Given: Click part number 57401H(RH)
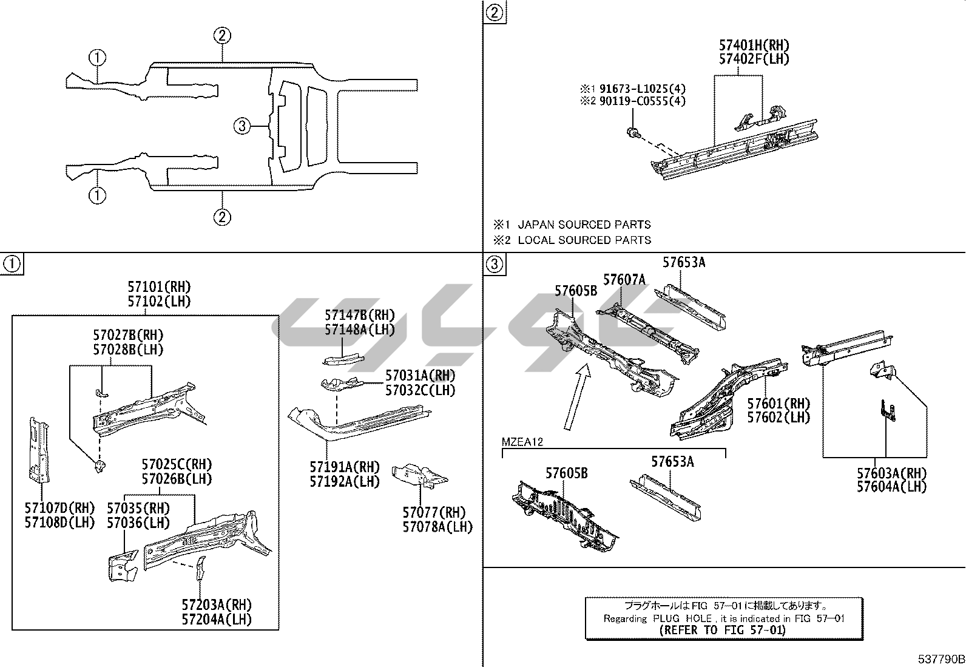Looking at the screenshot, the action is pos(754,45).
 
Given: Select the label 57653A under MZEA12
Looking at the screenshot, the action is pos(672,462).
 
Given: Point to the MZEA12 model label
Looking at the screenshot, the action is pos(522,442).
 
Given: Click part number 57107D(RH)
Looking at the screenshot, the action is pos(59,508).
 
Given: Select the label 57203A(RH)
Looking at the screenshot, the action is pos(217,604).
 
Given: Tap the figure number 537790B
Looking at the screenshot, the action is pos(941,659).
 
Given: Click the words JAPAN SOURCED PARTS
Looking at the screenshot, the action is pos(584,225).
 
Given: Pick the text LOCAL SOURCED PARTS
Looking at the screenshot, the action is pos(584,240).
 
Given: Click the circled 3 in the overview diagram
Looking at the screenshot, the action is pos(242,126).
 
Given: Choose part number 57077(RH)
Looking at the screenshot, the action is pos(434,512).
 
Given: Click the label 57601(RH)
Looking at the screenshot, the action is pos(779,404).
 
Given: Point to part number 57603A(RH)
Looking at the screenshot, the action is pos(892,473).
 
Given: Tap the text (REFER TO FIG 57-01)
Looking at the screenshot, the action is pos(723,630).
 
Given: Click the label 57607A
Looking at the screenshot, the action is pos(624,280).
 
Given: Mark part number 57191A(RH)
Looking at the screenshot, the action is pos(345,467).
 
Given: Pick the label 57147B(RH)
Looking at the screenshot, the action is pos(360,315).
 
